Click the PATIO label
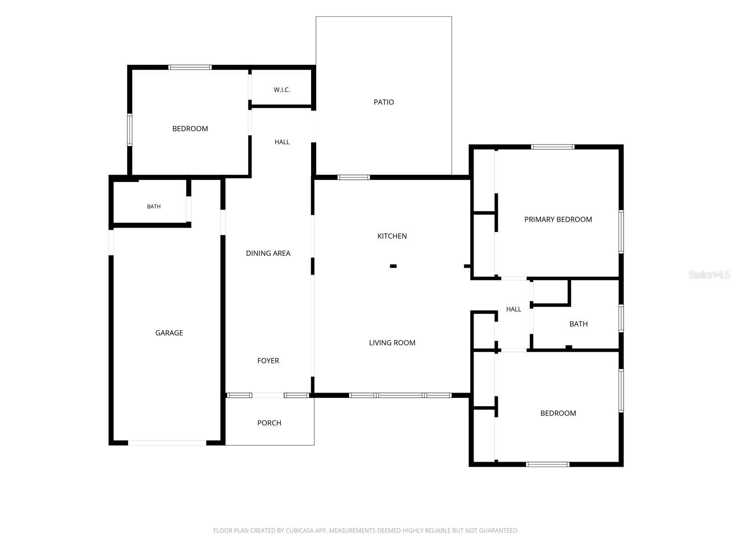[x=383, y=102]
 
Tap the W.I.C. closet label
[x=282, y=90]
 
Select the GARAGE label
[x=169, y=333]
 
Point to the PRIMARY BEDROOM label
[x=558, y=219]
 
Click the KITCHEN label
[x=392, y=236]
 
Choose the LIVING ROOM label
[x=392, y=343]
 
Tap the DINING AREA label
[x=268, y=253]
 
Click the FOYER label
[x=268, y=361]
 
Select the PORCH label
[x=269, y=423]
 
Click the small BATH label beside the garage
[x=154, y=207]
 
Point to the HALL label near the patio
[x=282, y=142]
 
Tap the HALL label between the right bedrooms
[x=514, y=309]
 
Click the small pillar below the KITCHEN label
[x=393, y=266]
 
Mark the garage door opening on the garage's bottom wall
[x=167, y=443]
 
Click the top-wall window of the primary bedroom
[x=553, y=147]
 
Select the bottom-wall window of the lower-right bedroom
[x=548, y=464]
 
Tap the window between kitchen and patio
[x=354, y=178]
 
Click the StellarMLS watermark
[x=709, y=274]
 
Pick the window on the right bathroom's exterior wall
[x=621, y=318]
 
